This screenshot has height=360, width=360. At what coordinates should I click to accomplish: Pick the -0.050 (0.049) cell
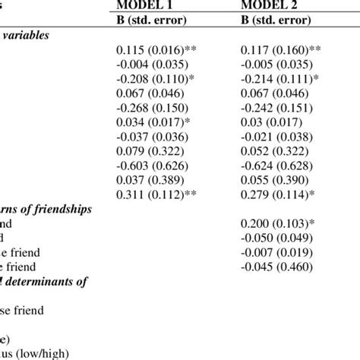[x=273, y=238]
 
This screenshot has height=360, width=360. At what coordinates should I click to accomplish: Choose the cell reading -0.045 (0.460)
[x=273, y=266]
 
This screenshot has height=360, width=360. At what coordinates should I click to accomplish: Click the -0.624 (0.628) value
[x=273, y=163]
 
